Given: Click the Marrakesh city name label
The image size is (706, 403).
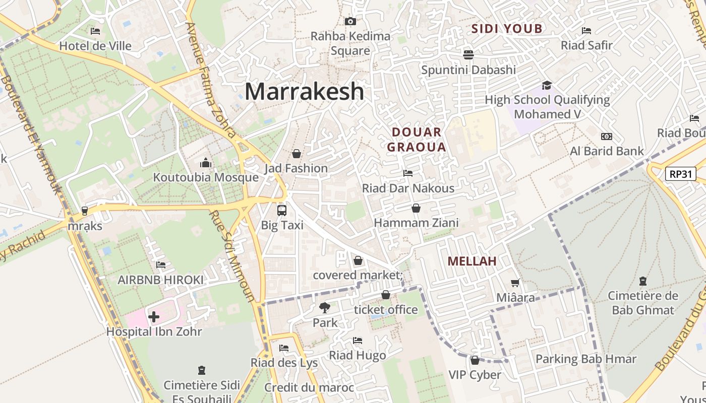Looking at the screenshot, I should pos(304,92).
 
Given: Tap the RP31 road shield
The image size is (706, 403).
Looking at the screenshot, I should pos(680,174).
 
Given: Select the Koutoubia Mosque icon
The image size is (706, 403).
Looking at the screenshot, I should pos(206,163).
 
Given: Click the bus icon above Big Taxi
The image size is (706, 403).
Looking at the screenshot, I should pos(282,211).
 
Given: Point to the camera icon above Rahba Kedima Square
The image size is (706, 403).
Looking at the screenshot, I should pos(350,21).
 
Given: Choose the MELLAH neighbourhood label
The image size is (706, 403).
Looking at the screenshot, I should pos(472,261).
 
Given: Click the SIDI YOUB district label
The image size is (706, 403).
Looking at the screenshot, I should pos(507,29).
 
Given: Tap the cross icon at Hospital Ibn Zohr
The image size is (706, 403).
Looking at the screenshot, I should pos(154,317).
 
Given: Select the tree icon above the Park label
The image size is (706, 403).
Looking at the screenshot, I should pos(325,307).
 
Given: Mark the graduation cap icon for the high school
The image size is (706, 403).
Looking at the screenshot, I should pos(547,85).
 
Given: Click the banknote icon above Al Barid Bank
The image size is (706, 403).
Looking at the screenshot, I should pos(607,137).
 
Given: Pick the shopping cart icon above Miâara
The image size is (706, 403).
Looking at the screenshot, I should pos(515,283).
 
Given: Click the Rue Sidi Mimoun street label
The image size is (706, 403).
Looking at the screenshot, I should pos(232,256).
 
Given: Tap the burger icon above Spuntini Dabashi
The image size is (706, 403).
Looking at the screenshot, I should pos(468,54).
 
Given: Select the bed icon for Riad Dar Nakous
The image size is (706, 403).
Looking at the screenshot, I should pos(408,173).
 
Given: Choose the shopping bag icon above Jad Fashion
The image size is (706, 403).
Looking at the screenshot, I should pos(297,153).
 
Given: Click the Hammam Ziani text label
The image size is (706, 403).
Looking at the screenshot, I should pos(416,223).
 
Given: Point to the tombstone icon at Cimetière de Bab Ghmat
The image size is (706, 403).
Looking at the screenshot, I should pos(642,281).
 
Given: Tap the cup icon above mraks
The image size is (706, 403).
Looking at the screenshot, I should pos(85,211).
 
